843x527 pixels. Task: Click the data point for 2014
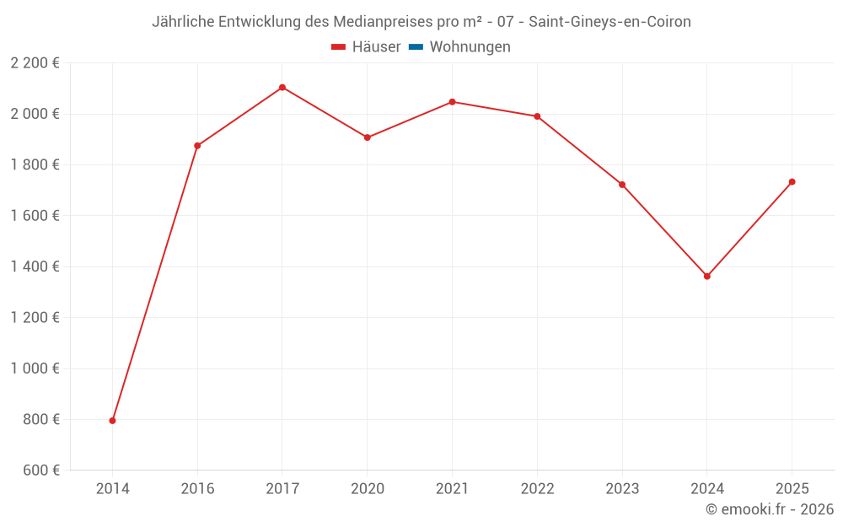(x=112, y=421)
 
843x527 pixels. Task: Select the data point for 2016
(x=197, y=146)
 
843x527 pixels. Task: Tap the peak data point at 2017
(x=282, y=88)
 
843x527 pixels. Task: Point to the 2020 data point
(x=368, y=137)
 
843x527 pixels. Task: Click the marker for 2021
(x=452, y=102)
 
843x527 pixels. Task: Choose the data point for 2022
(x=537, y=116)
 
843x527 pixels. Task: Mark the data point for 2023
(x=622, y=185)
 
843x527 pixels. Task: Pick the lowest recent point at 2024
(x=707, y=277)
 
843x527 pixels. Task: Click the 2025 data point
(x=792, y=182)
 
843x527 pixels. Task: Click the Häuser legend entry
(x=366, y=47)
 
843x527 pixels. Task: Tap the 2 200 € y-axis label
(x=35, y=63)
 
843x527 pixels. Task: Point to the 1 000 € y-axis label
(x=35, y=368)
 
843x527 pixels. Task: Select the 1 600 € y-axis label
(x=35, y=216)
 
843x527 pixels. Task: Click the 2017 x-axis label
(x=282, y=489)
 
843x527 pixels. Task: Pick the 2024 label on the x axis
(x=707, y=489)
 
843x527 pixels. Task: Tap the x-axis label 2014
(x=112, y=489)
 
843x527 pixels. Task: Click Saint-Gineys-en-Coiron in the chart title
(x=609, y=22)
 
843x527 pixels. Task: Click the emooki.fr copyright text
(x=770, y=509)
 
